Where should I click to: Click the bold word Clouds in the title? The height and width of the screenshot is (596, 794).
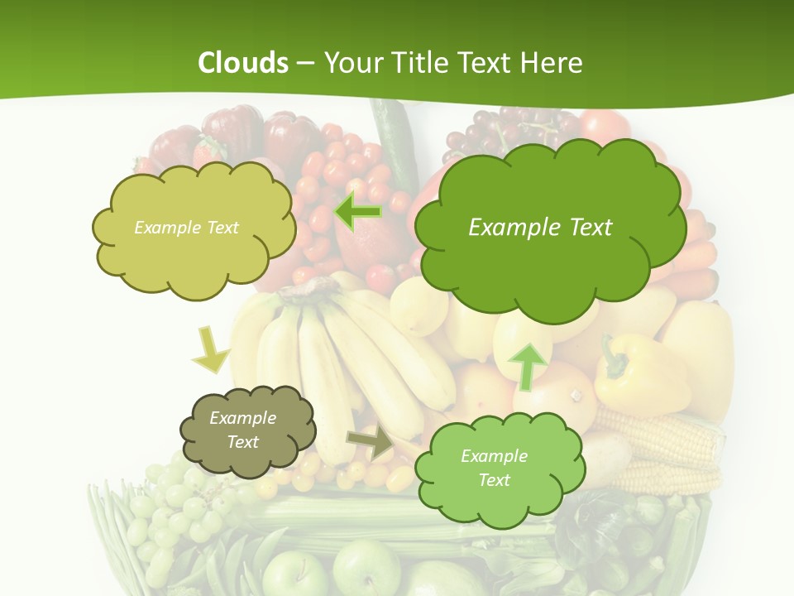pyautogui.click(x=243, y=63)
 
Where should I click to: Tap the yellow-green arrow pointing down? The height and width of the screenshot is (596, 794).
pyautogui.click(x=210, y=349)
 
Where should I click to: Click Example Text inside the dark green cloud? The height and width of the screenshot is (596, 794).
pyautogui.click(x=540, y=228)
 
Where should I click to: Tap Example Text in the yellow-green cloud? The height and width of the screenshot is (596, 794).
pyautogui.click(x=186, y=228)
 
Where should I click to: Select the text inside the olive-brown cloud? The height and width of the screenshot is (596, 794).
pyautogui.click(x=243, y=430)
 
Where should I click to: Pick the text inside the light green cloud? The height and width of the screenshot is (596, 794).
pyautogui.click(x=494, y=468)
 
